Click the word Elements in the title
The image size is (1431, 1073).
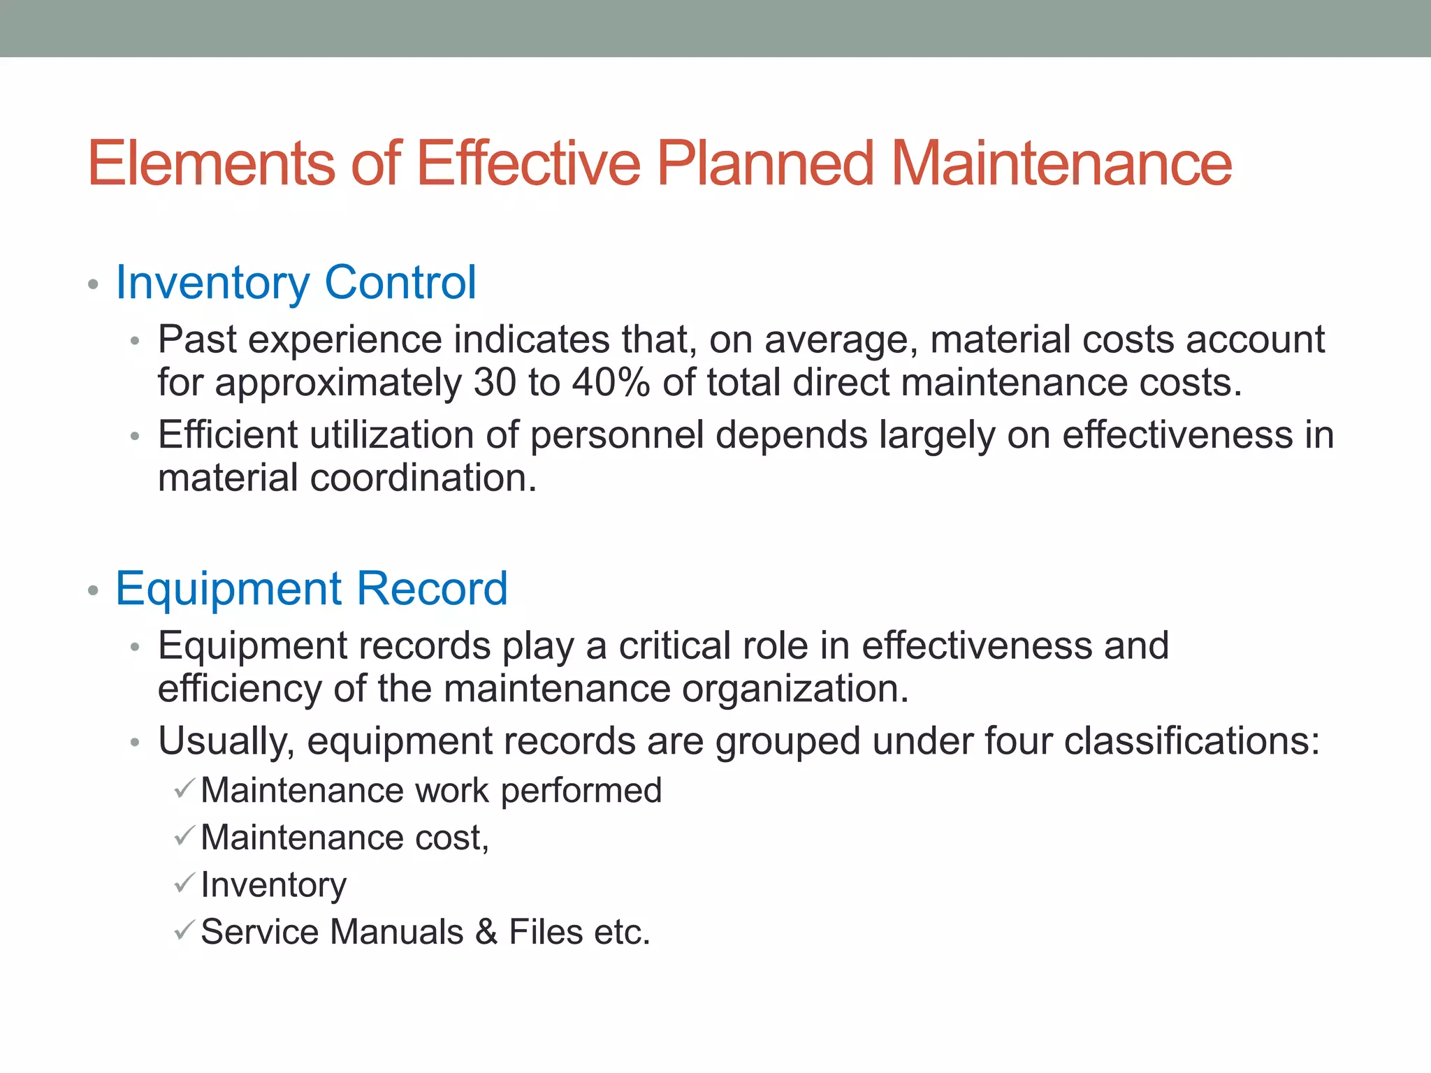point(211,163)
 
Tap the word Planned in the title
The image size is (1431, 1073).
point(765,163)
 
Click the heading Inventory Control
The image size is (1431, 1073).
point(296,283)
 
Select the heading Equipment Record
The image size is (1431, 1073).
point(312,589)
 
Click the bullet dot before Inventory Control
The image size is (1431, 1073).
point(93,285)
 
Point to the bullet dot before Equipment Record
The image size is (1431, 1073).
point(93,591)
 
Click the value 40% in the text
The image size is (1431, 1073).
point(611,383)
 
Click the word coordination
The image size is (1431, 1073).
point(423,479)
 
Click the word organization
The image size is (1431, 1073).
point(795,689)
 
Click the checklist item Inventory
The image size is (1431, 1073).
point(273,885)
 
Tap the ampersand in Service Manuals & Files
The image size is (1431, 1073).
point(487,932)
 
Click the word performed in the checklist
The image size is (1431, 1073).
point(581,791)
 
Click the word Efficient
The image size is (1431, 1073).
point(228,435)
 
